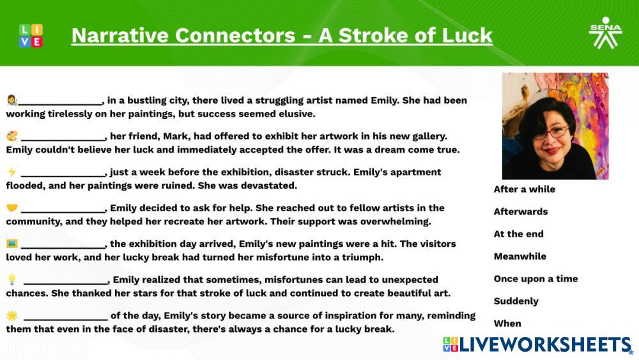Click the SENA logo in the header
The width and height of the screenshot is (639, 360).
604,33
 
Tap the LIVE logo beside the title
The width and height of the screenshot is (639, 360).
31,35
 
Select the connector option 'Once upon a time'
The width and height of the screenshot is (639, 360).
535,279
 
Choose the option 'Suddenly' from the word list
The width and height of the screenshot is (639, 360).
516,301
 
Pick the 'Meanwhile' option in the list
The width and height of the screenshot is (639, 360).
520,256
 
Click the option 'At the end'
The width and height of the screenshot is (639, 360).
518,234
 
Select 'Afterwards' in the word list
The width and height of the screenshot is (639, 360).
520,212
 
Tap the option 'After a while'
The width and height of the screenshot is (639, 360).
524,189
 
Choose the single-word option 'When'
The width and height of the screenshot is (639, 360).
507,324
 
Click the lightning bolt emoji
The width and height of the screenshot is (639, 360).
12,172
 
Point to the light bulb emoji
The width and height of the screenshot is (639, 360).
12,279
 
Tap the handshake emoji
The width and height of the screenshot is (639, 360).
12,208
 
